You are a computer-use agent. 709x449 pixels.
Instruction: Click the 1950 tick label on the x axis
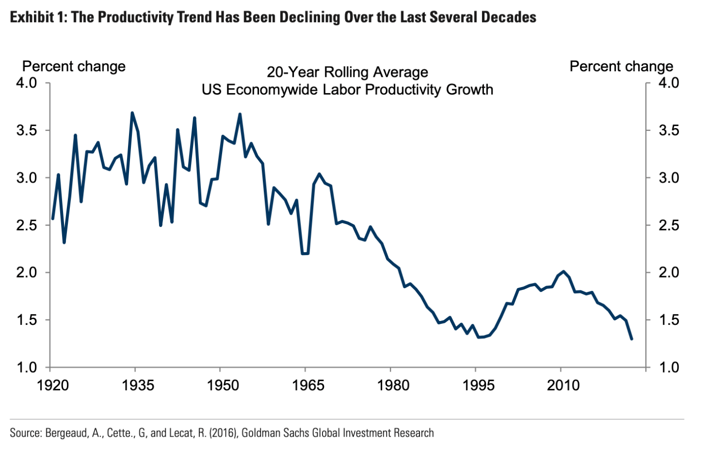click(223, 385)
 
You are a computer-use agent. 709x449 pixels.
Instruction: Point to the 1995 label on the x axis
click(479, 385)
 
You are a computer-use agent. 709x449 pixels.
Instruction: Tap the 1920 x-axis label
click(53, 385)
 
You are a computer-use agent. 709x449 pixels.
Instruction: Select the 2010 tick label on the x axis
click(564, 385)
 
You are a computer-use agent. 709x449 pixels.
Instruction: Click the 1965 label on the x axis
click(308, 385)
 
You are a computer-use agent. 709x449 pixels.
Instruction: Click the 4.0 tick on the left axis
click(27, 83)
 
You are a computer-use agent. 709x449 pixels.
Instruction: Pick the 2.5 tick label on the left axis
click(27, 225)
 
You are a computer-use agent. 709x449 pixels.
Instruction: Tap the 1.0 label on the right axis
click(669, 367)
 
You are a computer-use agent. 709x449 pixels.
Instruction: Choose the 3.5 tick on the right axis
click(669, 130)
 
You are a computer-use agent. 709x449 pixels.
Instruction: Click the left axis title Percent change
click(74, 66)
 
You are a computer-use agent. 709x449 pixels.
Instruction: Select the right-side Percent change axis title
click(621, 66)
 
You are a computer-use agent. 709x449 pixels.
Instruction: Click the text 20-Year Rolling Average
click(347, 72)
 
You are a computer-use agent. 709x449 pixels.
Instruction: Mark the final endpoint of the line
click(631, 339)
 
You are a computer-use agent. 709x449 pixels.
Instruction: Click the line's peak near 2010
click(564, 272)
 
